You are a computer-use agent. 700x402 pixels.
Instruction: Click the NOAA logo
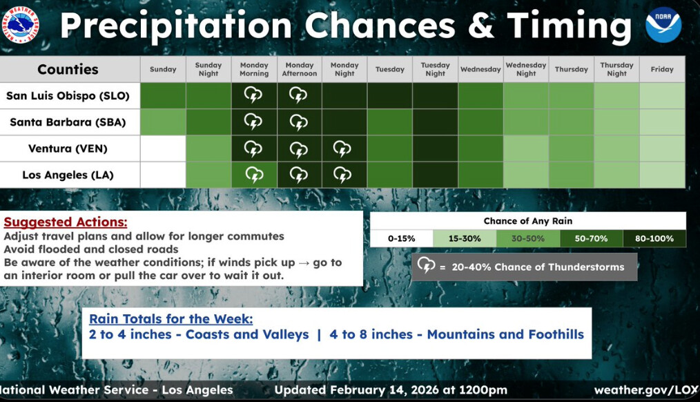663,25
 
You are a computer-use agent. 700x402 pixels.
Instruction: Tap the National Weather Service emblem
19,25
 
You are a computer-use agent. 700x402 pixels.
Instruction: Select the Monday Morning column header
254,69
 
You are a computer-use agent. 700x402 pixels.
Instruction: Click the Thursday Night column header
616,69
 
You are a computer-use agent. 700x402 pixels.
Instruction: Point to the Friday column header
662,69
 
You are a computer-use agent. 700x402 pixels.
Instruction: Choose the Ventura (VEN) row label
68,149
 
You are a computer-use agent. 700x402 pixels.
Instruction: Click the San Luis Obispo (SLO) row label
68,95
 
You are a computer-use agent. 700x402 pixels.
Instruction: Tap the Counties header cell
68,69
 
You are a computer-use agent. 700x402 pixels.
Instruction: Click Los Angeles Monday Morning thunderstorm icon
254,175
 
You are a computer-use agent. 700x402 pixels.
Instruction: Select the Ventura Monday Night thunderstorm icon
342,149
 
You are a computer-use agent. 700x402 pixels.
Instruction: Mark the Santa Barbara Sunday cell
163,122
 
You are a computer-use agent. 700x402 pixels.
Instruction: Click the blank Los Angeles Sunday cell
163,175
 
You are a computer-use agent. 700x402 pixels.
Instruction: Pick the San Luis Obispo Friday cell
662,95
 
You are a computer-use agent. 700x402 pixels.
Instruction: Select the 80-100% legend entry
654,238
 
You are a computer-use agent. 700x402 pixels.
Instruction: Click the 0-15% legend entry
401,238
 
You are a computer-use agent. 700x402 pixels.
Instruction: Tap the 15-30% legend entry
465,238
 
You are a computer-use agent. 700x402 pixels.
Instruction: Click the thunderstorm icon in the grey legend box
427,265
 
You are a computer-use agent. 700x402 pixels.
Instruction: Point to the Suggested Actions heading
66,222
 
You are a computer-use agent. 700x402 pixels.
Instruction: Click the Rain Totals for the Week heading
171,319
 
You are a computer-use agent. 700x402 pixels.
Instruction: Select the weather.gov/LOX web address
646,390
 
